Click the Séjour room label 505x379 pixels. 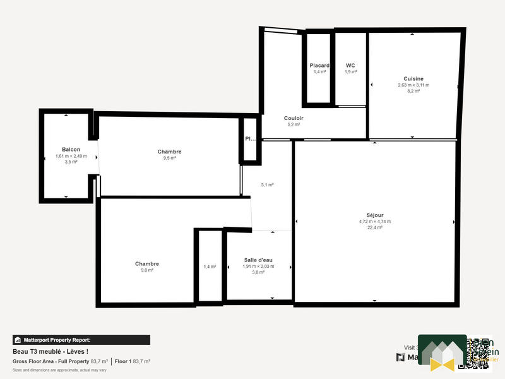tap(374, 215)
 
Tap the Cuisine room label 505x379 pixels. tap(413, 78)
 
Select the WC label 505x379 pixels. tap(350, 66)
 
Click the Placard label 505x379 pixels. tap(319, 66)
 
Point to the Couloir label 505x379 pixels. tap(294, 118)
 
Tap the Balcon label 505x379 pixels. tap(71, 149)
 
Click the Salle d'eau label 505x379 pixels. tap(259, 260)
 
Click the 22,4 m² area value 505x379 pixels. tap(374, 227)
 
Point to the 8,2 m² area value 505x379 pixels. tap(413, 91)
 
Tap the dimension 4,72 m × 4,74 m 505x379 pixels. tap(374, 221)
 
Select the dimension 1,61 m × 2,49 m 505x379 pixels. tap(71, 155)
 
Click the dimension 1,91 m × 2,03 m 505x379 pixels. tap(259, 266)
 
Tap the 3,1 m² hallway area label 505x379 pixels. tap(267, 184)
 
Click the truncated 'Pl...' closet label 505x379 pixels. tap(249, 139)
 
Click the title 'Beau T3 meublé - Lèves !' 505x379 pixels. tap(50, 351)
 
